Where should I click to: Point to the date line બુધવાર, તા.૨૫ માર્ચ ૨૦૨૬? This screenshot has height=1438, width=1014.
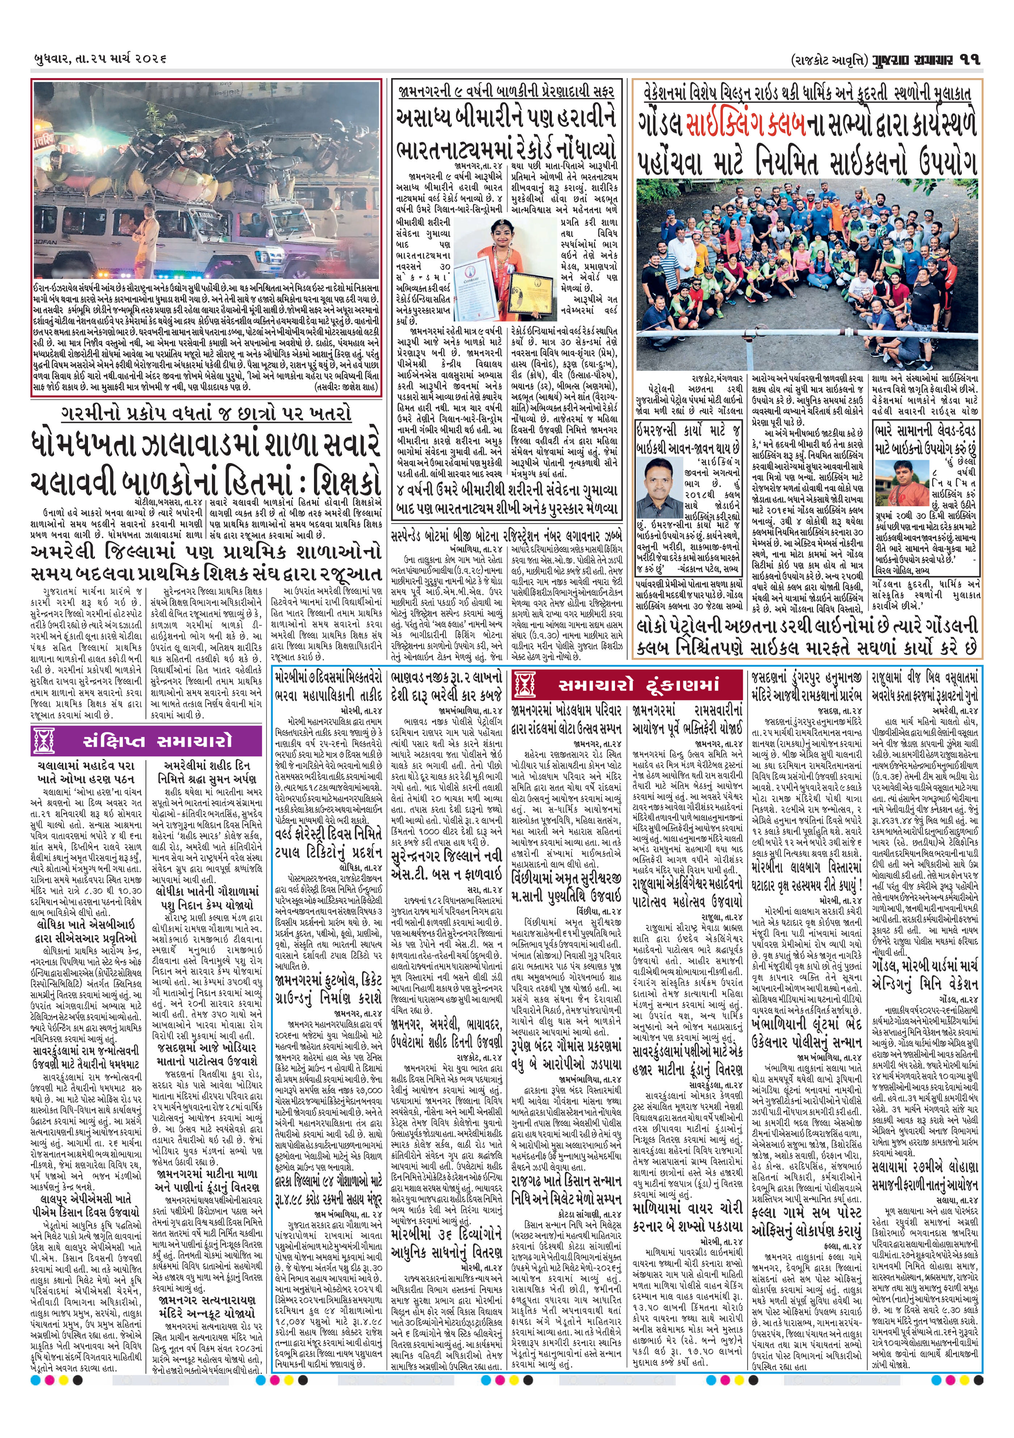pyautogui.click(x=100, y=59)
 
